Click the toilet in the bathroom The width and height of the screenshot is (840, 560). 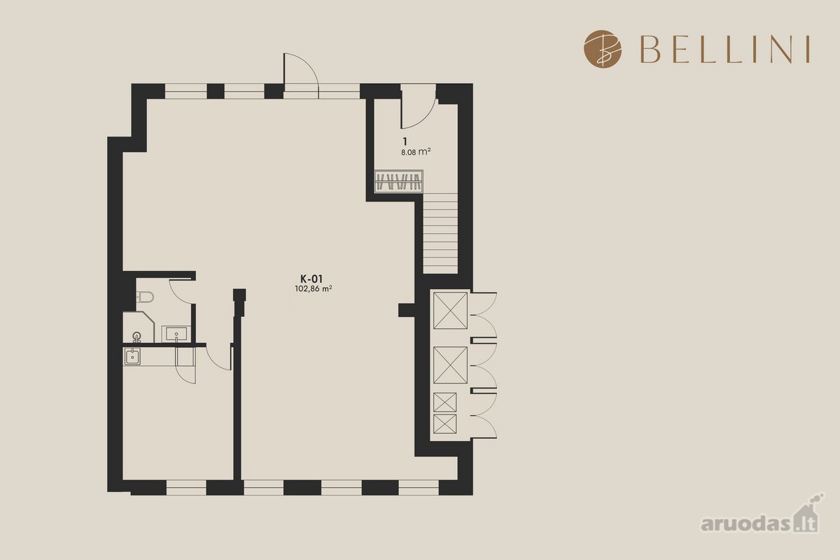(145, 297)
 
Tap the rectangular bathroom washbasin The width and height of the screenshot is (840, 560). (176, 333)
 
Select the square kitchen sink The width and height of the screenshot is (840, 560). (132, 356)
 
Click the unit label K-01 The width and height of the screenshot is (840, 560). (311, 279)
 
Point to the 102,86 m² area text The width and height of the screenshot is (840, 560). (314, 289)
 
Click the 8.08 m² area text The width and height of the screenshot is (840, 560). (416, 152)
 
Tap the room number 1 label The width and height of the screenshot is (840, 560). (405, 141)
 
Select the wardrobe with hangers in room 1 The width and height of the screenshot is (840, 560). (399, 181)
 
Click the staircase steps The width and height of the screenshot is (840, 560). (440, 233)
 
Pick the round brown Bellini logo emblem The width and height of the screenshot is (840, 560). (603, 49)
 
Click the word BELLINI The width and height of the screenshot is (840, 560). (725, 49)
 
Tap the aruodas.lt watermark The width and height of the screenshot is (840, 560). (762, 517)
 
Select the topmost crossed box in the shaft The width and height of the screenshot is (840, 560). (450, 311)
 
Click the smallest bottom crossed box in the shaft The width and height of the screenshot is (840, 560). (444, 424)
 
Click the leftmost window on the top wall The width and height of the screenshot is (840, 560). (186, 91)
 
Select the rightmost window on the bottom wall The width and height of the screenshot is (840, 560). (419, 487)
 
